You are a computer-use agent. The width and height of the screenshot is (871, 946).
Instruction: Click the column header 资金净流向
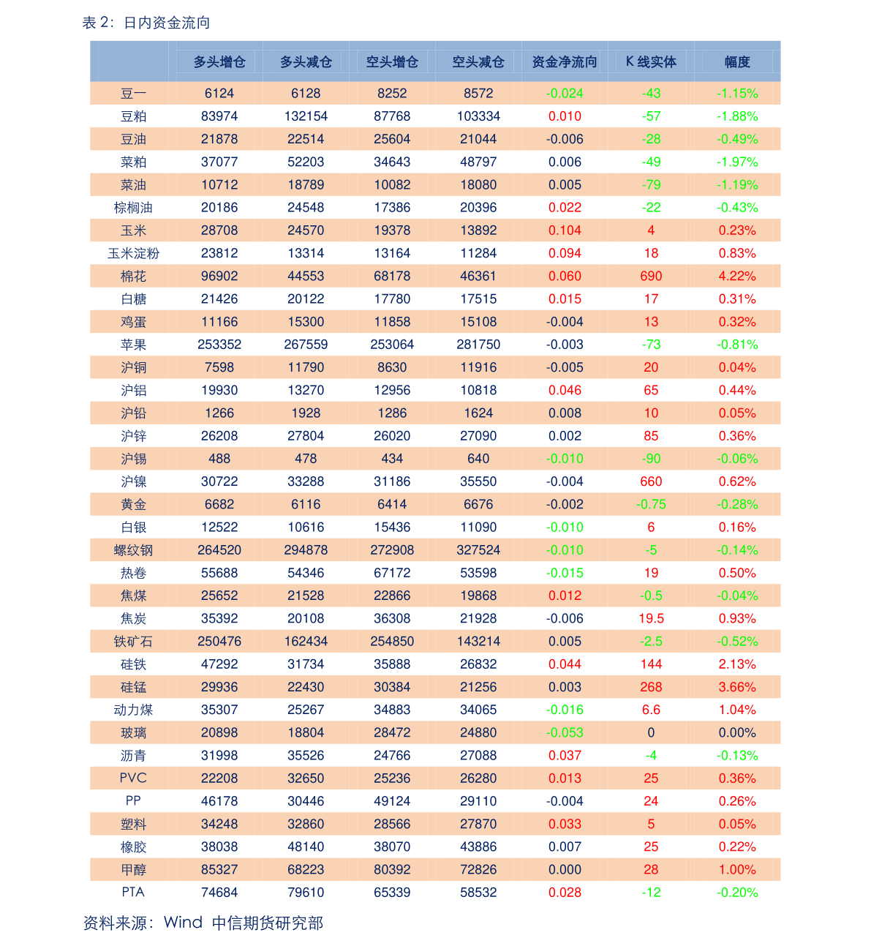click(x=565, y=61)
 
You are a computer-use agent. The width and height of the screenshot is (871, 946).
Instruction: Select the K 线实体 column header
click(x=651, y=61)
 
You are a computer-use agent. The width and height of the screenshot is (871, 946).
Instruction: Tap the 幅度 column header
click(x=737, y=61)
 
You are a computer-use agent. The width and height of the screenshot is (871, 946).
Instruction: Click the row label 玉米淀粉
click(x=133, y=253)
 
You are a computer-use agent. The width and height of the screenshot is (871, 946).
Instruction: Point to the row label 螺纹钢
click(x=133, y=550)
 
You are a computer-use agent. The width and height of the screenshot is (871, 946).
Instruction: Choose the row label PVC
click(x=133, y=778)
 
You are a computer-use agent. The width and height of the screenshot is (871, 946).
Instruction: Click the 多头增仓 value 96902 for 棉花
click(x=219, y=276)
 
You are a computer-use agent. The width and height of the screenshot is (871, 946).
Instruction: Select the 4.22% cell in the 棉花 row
click(x=737, y=276)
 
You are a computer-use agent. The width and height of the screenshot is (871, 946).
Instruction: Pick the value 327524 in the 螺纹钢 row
click(x=478, y=550)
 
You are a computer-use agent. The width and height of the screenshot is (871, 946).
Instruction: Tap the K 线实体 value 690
click(x=651, y=276)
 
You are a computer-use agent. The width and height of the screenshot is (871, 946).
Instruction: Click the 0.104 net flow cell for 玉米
click(x=565, y=230)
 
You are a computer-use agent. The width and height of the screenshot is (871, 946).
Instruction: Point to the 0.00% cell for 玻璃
click(x=737, y=732)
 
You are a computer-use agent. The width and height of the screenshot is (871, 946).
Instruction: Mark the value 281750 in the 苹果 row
click(x=478, y=345)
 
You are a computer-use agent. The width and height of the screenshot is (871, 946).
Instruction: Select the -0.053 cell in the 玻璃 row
click(x=565, y=732)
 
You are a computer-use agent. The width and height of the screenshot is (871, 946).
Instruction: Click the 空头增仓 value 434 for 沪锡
click(x=392, y=459)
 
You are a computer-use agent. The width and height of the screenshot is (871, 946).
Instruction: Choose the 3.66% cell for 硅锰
click(x=737, y=686)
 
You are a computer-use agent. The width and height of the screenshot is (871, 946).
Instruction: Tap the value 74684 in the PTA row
click(x=219, y=893)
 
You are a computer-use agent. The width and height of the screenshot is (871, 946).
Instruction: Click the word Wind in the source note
click(x=183, y=923)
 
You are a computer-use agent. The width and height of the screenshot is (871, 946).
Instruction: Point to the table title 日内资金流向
click(x=167, y=23)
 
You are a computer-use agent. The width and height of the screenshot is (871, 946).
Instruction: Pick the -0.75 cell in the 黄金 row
click(x=651, y=504)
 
